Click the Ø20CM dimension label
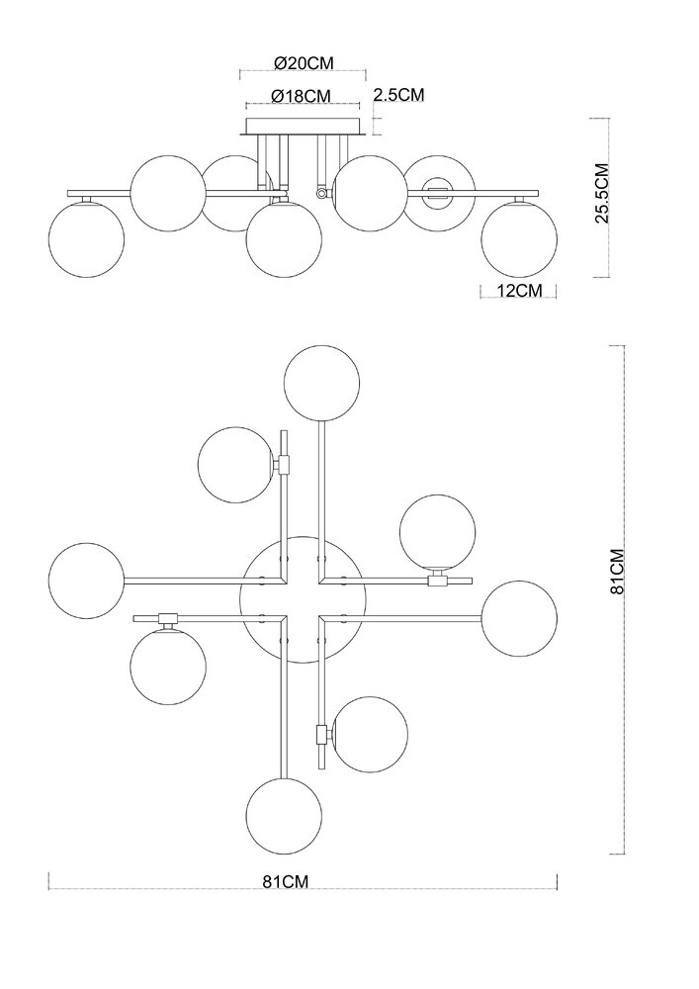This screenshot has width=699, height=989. (304, 62)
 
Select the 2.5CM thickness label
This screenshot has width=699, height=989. (398, 95)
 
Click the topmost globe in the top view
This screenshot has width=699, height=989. (322, 383)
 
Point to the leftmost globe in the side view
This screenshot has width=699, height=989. (86, 237)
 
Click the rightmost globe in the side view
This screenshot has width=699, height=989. (520, 237)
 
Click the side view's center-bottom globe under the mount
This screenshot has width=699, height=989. (285, 240)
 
